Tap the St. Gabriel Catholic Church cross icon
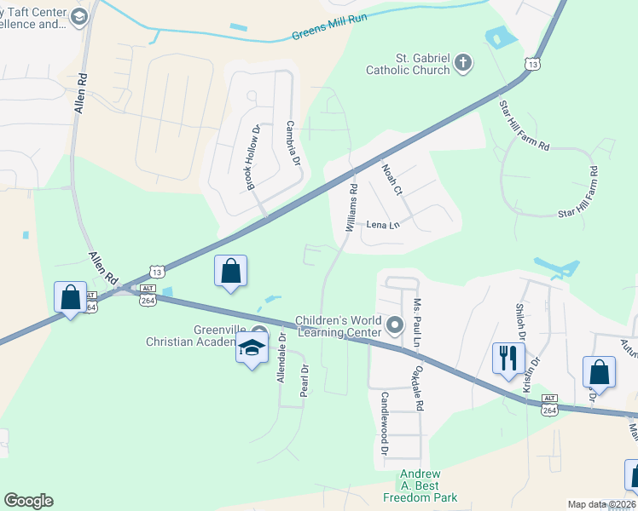[462, 62]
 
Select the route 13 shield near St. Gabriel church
[533, 64]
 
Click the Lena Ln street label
[383, 226]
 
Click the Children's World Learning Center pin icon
[394, 324]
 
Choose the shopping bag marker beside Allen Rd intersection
[70, 297]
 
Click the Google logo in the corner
[28, 501]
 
